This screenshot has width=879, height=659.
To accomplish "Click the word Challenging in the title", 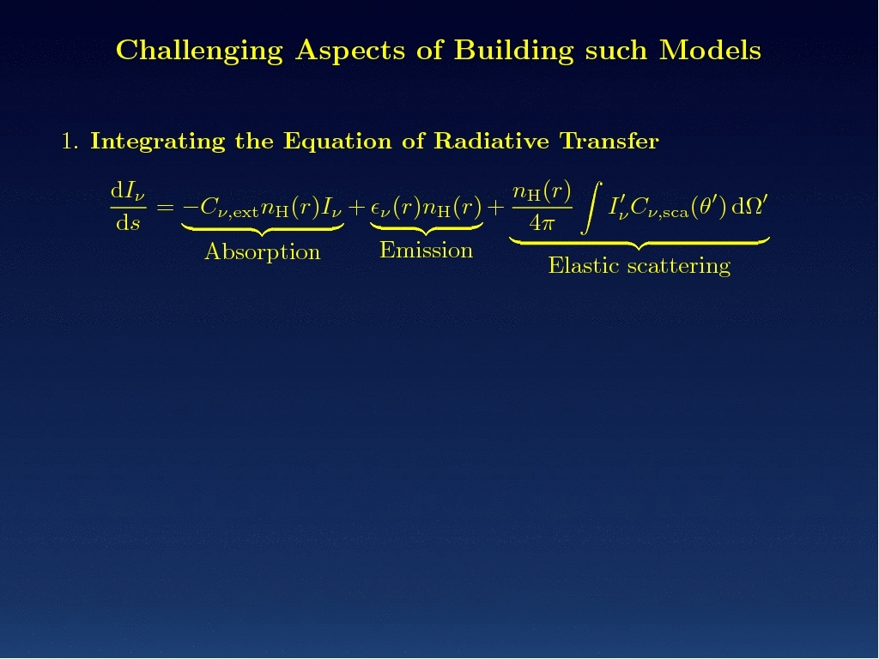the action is (199, 51).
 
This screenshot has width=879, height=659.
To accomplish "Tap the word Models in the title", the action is (710, 50).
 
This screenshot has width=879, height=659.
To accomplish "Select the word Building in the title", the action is (514, 51).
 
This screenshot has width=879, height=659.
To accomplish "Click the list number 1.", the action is (70, 142).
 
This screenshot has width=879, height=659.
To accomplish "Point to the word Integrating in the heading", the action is (158, 142).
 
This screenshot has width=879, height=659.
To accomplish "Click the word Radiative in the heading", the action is (491, 141).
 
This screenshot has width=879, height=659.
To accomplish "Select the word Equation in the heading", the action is (336, 142).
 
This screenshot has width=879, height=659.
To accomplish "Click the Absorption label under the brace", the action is (263, 252).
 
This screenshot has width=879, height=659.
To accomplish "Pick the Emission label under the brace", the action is (426, 251).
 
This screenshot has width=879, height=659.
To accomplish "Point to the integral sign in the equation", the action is (591, 208).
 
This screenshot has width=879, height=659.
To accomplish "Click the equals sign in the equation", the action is (166, 209).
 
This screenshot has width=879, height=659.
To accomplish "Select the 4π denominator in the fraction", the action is (542, 224).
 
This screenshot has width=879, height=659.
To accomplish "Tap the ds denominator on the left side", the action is (128, 223).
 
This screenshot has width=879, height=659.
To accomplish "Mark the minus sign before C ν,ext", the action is (191, 208).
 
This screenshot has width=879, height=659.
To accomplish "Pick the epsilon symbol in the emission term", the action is (376, 209).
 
